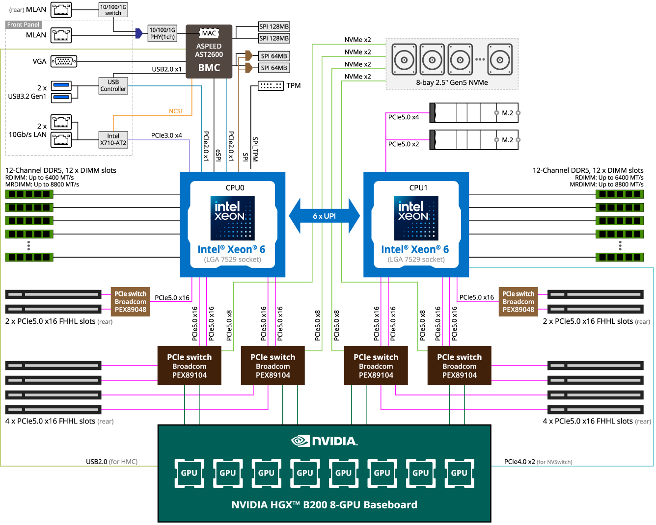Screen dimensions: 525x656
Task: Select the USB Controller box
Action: click(113, 85)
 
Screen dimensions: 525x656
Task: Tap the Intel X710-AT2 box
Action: click(113, 139)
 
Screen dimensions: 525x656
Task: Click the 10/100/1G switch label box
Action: click(113, 10)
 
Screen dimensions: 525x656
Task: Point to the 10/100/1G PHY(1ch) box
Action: click(163, 33)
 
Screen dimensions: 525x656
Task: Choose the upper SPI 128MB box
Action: click(274, 26)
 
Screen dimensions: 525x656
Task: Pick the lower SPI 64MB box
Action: click(274, 68)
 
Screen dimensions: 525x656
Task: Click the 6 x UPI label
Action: click(325, 216)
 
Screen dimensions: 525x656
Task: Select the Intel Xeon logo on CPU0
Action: click(233, 218)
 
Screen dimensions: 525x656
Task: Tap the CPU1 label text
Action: click(418, 187)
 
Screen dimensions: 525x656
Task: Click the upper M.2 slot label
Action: click(507, 113)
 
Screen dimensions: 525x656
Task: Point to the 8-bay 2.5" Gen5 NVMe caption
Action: click(452, 82)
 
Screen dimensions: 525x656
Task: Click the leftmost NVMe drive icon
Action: click(404, 60)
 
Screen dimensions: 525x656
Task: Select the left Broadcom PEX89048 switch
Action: click(131, 302)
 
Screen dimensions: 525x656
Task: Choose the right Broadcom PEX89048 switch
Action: click(518, 302)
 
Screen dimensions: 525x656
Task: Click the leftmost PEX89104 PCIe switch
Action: click(190, 366)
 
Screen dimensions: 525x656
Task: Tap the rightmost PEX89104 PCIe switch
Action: click(459, 366)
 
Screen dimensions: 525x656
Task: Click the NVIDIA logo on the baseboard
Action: click(325, 441)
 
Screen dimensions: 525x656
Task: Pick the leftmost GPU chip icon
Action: click(189, 473)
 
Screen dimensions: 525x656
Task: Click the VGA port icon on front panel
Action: click(63, 61)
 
